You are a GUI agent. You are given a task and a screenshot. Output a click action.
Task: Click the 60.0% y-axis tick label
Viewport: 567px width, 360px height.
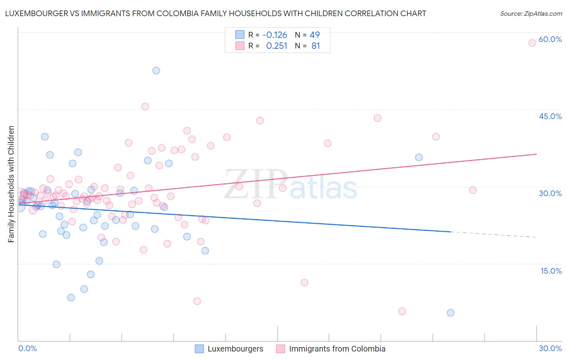[x=550, y=40]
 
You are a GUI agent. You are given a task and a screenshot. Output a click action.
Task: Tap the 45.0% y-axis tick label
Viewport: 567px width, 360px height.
[x=550, y=116]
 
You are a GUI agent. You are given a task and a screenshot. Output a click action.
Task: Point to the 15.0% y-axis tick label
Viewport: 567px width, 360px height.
[x=551, y=271]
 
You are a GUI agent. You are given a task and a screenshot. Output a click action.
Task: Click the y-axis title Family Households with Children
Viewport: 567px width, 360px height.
[x=11, y=184]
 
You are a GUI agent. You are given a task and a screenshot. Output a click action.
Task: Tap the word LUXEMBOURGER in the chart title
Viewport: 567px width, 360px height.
[x=36, y=14]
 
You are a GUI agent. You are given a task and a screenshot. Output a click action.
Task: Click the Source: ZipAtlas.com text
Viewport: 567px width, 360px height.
[x=531, y=14]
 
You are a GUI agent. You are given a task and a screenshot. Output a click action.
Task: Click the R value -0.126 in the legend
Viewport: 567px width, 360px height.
[x=275, y=35]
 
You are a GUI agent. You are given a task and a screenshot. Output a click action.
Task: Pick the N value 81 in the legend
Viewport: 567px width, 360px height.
[x=316, y=46]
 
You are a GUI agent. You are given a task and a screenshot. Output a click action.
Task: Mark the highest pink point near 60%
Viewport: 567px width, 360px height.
[x=532, y=43]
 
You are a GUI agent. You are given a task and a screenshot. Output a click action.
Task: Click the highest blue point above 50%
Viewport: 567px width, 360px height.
[x=156, y=71]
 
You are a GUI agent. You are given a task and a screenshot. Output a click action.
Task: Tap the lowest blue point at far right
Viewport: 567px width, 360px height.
[x=450, y=313]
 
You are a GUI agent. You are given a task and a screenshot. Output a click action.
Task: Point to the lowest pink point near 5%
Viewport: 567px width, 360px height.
[x=402, y=311]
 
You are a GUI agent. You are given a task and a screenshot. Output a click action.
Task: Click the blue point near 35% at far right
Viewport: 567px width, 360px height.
[x=419, y=157]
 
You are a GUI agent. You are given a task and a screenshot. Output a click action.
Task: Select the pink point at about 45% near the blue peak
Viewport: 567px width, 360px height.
[x=145, y=107]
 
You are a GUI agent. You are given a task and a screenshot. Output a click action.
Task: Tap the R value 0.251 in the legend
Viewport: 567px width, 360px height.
[x=277, y=46]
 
